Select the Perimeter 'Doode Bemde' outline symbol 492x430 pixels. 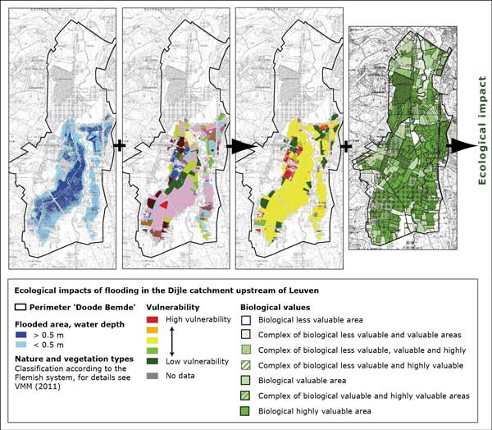pyautogui.click(x=20, y=305)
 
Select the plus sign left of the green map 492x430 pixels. pyautogui.click(x=345, y=146)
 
